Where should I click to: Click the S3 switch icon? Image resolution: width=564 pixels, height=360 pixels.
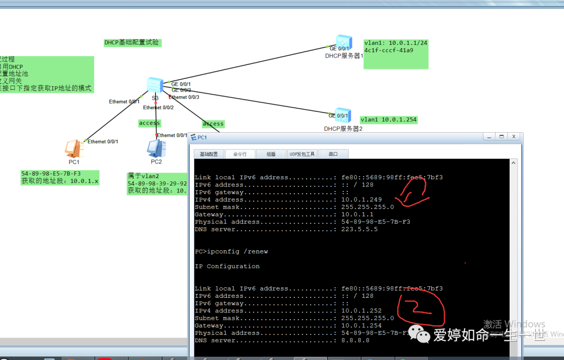pos(155,85)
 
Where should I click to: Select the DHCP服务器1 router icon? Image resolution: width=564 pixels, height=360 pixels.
pos(344,42)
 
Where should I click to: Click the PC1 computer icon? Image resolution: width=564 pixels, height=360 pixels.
pos(74,149)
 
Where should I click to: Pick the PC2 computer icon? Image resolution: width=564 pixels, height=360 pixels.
pos(156,149)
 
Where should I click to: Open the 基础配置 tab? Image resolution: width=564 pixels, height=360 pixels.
pos(209,154)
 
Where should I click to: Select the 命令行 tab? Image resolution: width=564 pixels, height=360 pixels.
pos(240,154)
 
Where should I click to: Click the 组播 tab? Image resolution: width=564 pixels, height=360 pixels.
pos(271,154)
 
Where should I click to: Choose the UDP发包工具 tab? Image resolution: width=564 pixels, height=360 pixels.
pos(302,154)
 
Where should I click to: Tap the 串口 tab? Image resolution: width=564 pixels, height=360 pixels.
pos(333,154)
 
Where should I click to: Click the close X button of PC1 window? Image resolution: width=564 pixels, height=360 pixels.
pos(513,136)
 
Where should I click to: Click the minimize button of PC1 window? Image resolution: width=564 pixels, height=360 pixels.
pos(489,136)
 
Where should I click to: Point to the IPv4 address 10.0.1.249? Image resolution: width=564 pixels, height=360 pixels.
pos(361,200)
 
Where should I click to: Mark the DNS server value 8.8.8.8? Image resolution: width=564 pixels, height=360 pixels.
pos(355,340)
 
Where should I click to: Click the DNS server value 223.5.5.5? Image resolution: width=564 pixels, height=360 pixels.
pos(359,229)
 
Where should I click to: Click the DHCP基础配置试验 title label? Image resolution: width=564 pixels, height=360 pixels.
pos(132,42)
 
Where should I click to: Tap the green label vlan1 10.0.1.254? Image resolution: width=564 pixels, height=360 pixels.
pos(389,120)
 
